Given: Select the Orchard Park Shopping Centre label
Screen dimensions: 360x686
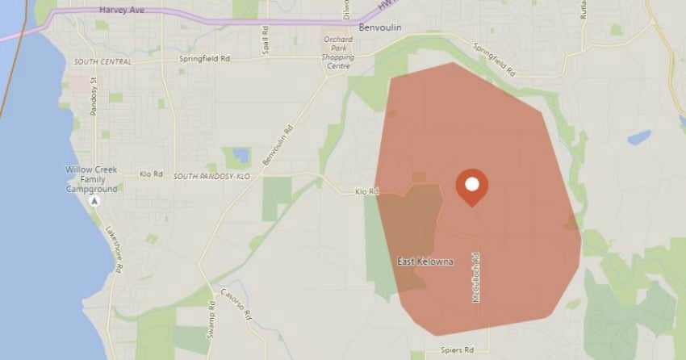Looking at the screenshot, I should point(340,52).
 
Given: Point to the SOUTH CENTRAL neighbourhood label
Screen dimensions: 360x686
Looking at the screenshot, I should point(102,61).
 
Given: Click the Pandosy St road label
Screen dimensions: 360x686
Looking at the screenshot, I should point(94,95).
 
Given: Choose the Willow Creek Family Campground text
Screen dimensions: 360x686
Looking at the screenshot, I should point(92,179).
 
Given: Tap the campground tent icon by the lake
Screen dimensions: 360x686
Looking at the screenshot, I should point(94,199).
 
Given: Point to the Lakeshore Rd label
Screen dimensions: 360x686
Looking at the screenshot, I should point(113,249).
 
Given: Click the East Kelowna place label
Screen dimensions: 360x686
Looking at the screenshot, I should point(425,262).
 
